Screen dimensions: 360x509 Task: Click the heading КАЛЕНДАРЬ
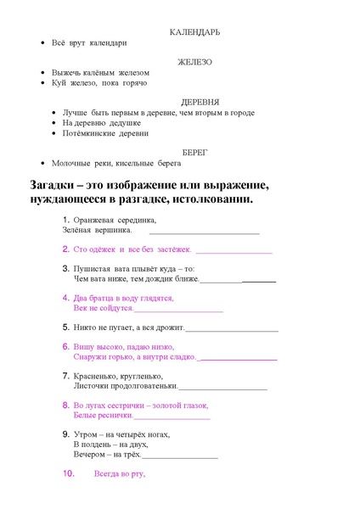pos(195,32)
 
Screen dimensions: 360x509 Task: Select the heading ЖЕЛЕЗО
pos(195,62)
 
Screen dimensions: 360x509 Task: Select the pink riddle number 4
pos(66,298)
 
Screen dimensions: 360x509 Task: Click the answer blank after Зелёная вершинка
pos(204,231)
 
